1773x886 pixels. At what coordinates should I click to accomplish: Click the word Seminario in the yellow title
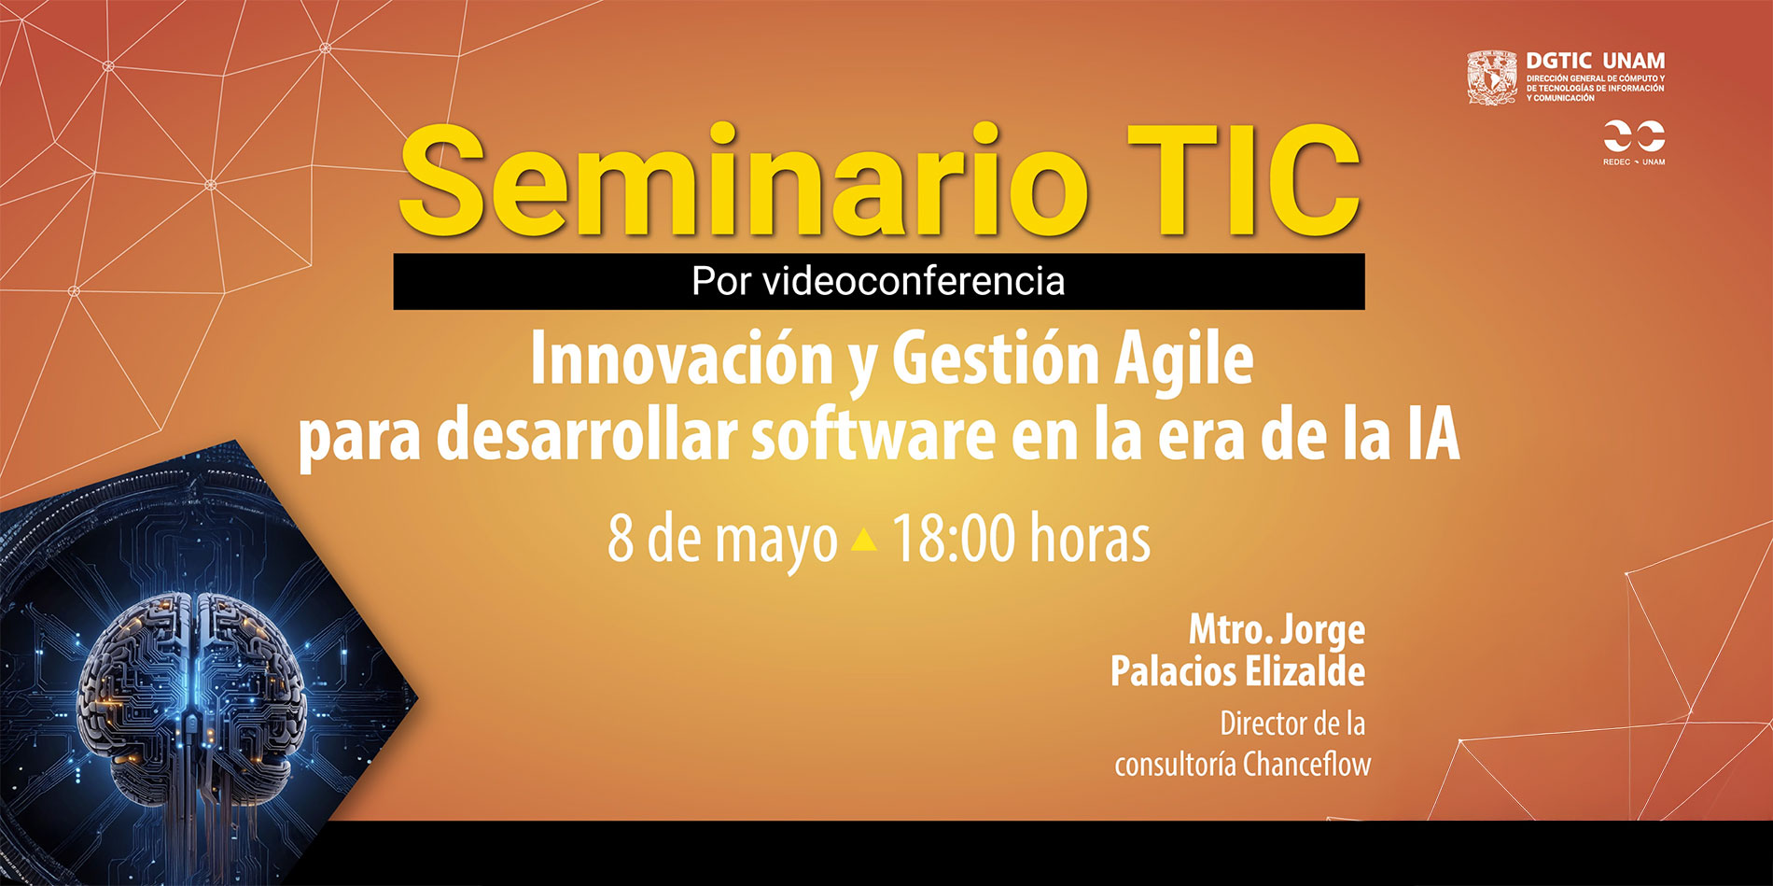[744, 183]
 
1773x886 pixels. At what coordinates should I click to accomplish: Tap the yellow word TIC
[1242, 181]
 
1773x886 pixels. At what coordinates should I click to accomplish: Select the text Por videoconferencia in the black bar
[878, 281]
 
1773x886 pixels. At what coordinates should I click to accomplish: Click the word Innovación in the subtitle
[681, 359]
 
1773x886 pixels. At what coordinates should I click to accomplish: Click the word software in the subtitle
[873, 436]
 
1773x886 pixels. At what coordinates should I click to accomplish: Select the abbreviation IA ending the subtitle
[1433, 437]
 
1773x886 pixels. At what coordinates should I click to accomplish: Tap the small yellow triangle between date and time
[865, 540]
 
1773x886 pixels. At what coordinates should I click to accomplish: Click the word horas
[1090, 539]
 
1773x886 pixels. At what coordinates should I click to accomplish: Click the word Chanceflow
[1307, 765]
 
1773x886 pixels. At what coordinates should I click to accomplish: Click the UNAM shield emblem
[1492, 77]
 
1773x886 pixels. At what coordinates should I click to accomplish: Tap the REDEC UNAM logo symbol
[1634, 136]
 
